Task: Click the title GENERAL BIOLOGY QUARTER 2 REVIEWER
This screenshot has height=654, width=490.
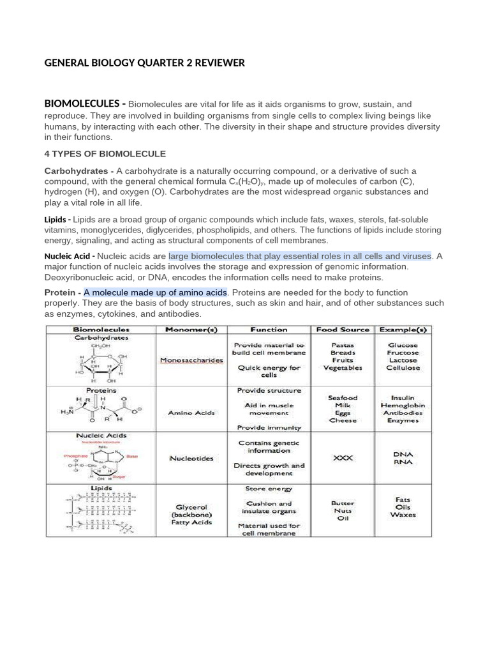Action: point(144,63)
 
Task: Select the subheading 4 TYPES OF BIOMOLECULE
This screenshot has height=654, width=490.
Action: point(105,154)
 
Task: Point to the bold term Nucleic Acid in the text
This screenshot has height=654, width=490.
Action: point(68,256)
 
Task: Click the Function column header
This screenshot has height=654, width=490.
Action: point(269,330)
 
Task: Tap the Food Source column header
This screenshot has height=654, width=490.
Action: point(343,330)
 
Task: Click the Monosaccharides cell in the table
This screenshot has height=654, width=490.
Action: point(191,360)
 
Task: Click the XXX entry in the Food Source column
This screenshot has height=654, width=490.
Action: point(343,458)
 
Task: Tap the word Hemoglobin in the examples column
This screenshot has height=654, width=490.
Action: point(403,406)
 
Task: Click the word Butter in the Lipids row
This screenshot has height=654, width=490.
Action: point(343,503)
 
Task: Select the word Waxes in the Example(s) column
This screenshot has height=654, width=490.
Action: point(403,514)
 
